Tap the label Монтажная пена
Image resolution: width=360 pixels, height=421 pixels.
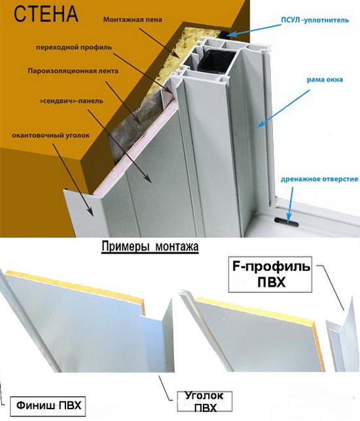click(x=133, y=20)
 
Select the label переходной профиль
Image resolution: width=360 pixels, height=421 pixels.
click(x=74, y=48)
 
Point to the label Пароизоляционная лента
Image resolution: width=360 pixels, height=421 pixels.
click(x=73, y=71)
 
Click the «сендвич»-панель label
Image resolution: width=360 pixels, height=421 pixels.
click(x=71, y=101)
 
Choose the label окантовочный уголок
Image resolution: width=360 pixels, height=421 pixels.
click(x=51, y=136)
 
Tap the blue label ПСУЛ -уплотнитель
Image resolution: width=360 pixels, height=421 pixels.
click(x=315, y=20)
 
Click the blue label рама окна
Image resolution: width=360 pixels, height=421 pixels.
click(x=325, y=80)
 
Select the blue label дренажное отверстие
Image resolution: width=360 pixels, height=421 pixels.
click(x=319, y=179)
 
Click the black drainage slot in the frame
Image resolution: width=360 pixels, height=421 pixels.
click(x=286, y=222)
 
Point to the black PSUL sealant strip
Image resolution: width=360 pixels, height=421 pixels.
click(x=223, y=34)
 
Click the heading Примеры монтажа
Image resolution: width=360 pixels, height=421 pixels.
click(x=150, y=246)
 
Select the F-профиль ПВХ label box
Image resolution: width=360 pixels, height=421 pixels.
click(x=270, y=274)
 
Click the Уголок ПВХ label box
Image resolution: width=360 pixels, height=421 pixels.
click(x=204, y=401)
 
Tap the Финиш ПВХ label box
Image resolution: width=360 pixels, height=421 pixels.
click(x=48, y=405)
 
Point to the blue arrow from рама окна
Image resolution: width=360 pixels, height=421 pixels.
click(x=283, y=108)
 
